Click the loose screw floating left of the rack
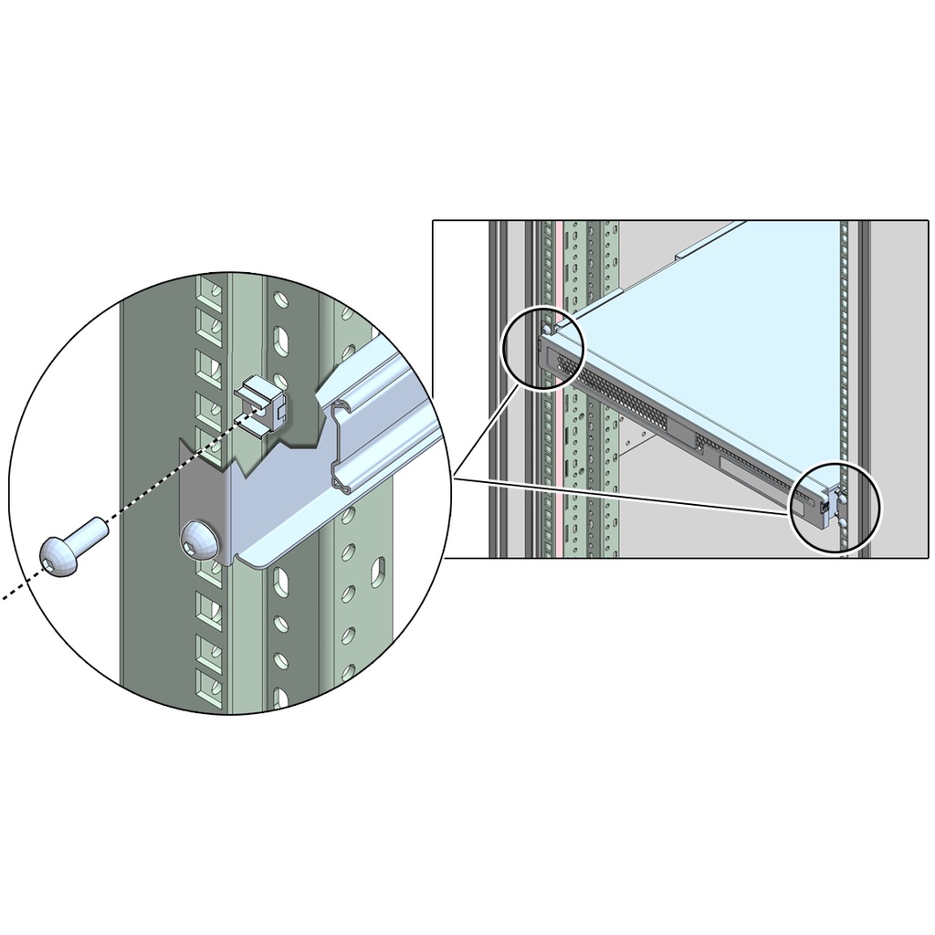[x=73, y=544]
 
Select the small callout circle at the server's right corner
[x=835, y=506]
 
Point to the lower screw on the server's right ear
[x=837, y=523]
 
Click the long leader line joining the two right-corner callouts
[x=621, y=494]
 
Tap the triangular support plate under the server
[x=636, y=443]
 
